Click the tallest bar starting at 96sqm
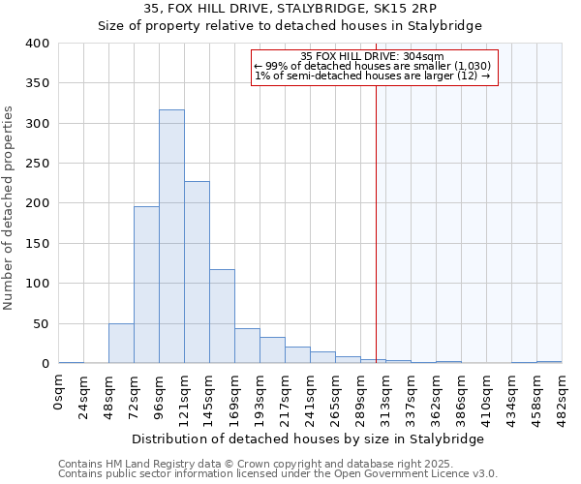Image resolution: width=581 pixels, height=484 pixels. [x=171, y=236]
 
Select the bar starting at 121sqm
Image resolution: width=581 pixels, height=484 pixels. [x=197, y=272]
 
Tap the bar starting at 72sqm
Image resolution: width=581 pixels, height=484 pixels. [x=146, y=285]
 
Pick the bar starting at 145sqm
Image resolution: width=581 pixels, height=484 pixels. [x=222, y=316]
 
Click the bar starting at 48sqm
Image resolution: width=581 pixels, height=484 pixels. [x=121, y=343]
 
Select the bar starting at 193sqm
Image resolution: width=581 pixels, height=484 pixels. [x=272, y=350]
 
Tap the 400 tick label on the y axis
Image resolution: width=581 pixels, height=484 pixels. [x=37, y=44]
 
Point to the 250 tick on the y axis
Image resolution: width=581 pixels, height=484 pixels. [x=37, y=164]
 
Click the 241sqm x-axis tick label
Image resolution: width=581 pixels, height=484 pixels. [x=310, y=399]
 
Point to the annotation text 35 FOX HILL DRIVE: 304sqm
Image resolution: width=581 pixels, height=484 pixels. [x=373, y=56]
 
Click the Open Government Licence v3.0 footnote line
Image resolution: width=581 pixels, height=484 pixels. [x=278, y=474]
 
